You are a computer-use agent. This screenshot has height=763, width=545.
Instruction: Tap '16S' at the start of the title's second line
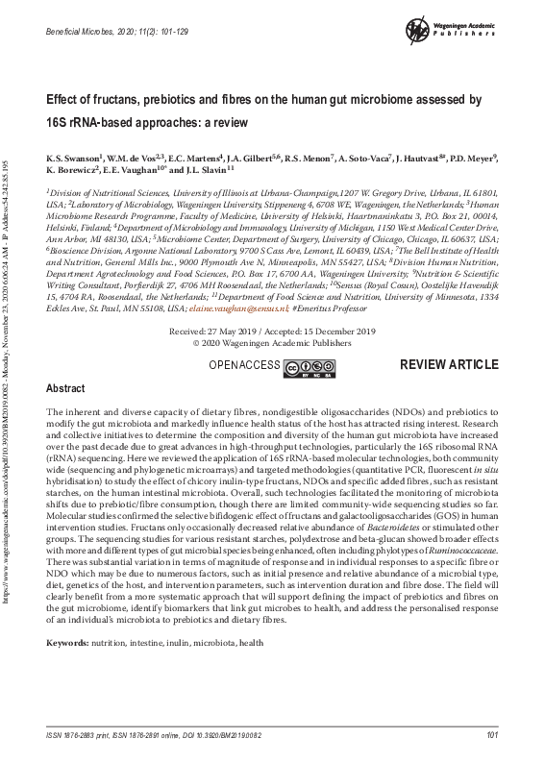59,122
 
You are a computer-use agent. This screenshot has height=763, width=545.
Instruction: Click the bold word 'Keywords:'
68,641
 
